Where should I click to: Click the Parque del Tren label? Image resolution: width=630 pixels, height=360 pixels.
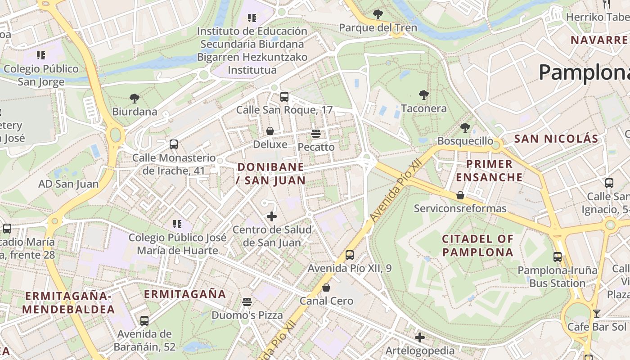(378, 28)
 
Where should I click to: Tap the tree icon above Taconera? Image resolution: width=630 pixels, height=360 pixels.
(423, 95)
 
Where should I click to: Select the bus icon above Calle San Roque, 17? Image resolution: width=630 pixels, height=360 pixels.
(284, 96)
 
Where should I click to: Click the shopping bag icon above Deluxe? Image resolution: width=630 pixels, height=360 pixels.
(270, 131)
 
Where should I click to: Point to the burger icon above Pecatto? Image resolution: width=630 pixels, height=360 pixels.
(316, 134)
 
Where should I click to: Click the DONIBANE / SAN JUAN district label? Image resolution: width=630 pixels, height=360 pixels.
(271, 174)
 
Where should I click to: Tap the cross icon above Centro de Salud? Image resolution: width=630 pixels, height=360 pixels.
(272, 216)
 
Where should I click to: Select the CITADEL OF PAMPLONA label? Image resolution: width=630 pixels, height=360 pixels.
(477, 245)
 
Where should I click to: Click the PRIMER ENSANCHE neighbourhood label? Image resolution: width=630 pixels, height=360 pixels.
(489, 171)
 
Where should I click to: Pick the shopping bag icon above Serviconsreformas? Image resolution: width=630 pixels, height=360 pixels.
(460, 195)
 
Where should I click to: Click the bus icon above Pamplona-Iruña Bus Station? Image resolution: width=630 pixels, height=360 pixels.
(558, 257)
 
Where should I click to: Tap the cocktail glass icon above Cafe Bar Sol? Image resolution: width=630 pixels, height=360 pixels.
(597, 313)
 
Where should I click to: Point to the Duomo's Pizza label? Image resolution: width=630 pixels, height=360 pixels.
(247, 315)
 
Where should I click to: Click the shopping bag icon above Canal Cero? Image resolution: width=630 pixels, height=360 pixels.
(326, 287)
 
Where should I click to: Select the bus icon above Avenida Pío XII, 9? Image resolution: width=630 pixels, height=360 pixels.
(350, 255)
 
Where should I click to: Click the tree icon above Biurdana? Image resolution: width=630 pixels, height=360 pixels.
(134, 98)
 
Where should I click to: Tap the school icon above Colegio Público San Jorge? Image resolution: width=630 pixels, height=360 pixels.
(41, 55)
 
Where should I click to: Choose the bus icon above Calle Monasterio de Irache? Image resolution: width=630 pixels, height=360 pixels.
(174, 144)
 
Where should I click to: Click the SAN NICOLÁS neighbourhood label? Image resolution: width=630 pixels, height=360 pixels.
(556, 139)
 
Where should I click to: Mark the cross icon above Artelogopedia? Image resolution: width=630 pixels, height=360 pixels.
(420, 337)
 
